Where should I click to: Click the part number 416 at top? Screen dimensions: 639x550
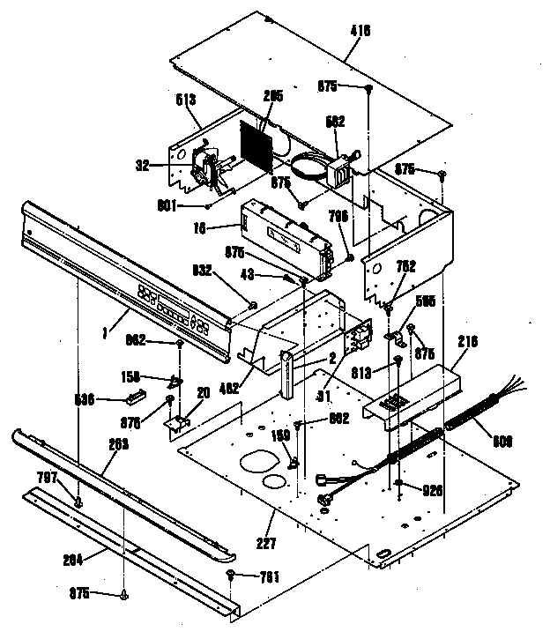pyautogui.click(x=360, y=31)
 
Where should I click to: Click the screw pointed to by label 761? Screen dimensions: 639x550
pyautogui.click(x=230, y=574)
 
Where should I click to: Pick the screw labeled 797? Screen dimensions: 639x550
pyautogui.click(x=78, y=503)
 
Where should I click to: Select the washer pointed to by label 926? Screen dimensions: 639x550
pyautogui.click(x=401, y=485)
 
